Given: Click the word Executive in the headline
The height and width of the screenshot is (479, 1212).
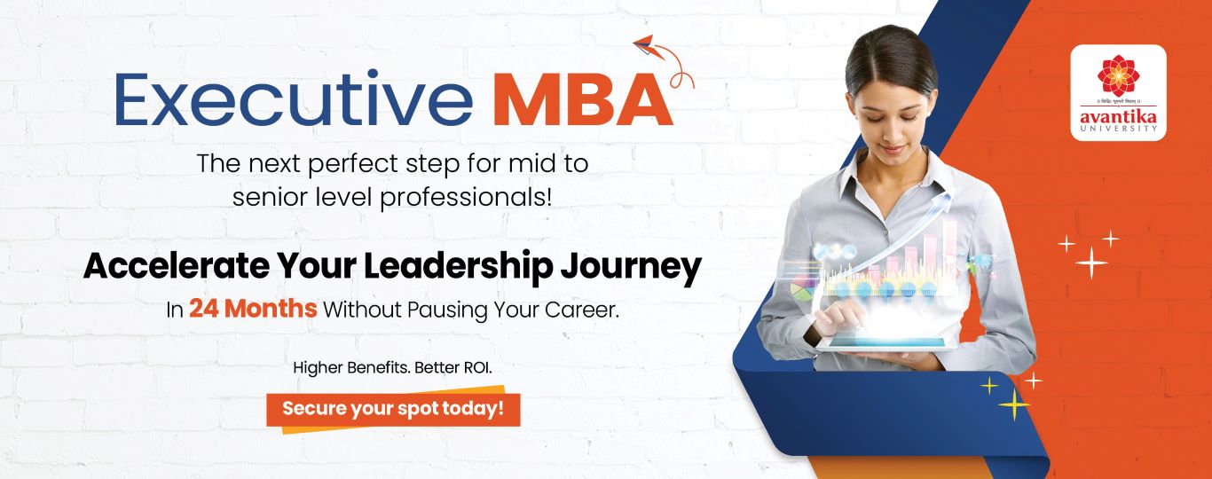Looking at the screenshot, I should tap(294, 100).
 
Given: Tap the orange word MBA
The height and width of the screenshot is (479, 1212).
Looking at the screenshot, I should tap(582, 101).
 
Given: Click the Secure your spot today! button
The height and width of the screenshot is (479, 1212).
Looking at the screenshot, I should tap(393, 409).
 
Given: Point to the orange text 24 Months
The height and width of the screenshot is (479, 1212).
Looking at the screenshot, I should tap(252, 310).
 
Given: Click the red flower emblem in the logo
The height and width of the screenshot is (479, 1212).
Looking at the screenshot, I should tap(1118, 74).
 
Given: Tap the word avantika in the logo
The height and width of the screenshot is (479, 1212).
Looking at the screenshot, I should tap(1118, 115).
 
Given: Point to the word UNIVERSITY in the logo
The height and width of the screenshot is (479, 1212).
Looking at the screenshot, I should tap(1118, 130).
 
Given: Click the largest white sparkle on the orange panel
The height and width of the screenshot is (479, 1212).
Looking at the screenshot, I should tap(1091, 263).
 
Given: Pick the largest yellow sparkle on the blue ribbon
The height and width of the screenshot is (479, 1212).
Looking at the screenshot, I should tap(1013, 404).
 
